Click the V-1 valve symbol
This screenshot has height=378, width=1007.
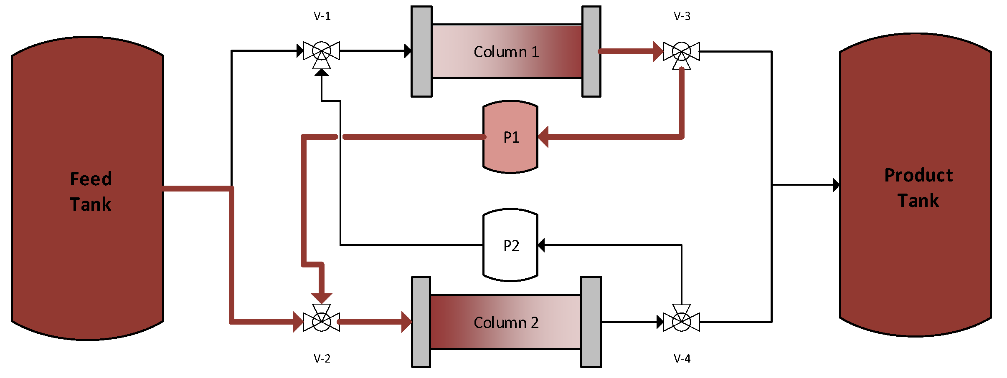(322, 52)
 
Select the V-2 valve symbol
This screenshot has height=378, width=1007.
(322, 321)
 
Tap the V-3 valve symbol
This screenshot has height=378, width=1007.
(682, 52)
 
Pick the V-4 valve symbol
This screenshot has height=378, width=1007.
(682, 321)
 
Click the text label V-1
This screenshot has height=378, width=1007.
(322, 16)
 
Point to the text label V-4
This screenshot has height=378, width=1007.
(682, 358)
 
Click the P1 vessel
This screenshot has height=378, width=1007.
(510, 137)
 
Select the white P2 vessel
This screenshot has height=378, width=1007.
(510, 245)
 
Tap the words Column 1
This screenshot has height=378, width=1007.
(506, 52)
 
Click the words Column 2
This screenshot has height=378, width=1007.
(506, 323)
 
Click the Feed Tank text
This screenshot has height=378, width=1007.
(91, 192)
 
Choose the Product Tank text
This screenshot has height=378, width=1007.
(918, 188)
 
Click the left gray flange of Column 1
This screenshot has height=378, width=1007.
(421, 52)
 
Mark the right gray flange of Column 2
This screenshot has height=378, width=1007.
(591, 322)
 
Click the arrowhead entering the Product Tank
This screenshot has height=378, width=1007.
(836, 185)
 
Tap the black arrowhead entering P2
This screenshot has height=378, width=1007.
(541, 245)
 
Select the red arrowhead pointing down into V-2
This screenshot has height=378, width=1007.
(322, 298)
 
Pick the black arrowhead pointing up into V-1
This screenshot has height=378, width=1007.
(322, 73)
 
